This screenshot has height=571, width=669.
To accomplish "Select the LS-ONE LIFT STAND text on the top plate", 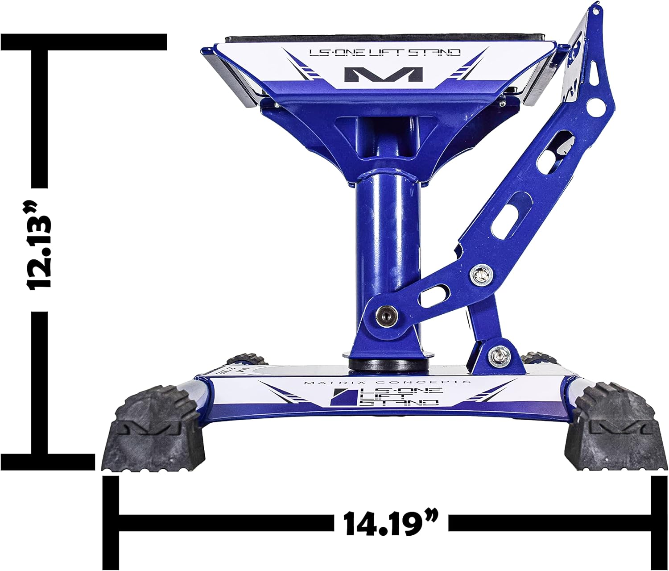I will (384, 53).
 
